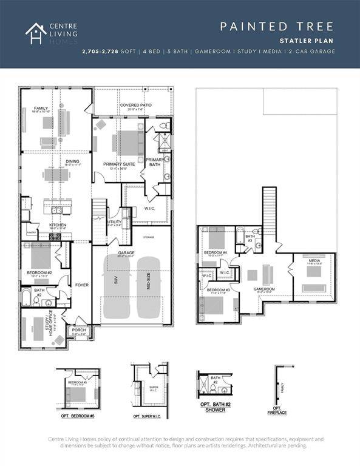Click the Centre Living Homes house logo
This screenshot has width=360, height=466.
pyautogui.click(x=35, y=33)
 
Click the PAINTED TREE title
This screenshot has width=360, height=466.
pyautogui.click(x=276, y=26)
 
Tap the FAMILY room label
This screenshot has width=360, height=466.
pyautogui.click(x=41, y=109)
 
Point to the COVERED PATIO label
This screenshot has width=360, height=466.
pyautogui.click(x=135, y=105)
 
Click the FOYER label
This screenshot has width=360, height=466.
pyautogui.click(x=81, y=284)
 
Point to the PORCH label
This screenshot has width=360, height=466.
pyautogui.click(x=80, y=331)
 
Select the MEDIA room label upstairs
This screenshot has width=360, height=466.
pyautogui.click(x=313, y=260)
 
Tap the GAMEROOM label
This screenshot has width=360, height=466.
pyautogui.click(x=264, y=289)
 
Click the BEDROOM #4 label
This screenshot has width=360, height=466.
pyautogui.click(x=215, y=252)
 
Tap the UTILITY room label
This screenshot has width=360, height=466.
pyautogui.click(x=115, y=222)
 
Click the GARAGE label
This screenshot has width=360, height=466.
pyautogui.click(x=126, y=252)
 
